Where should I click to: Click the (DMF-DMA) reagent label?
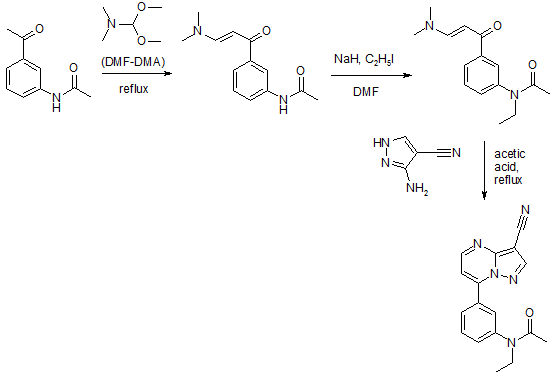coord(133,62)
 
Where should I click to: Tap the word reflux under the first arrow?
coord(133,89)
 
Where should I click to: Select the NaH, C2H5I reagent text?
coord(364,59)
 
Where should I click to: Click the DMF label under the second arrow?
coord(366,92)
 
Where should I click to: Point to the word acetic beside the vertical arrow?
coord(510,154)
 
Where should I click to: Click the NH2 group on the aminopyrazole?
coord(417,188)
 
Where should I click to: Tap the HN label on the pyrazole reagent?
coord(381,143)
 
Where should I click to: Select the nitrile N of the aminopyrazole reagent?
coord(456,153)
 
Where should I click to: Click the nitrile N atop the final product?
coord(525,210)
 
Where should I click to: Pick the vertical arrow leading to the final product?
coord(484,170)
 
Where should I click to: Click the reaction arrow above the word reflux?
coord(137,73)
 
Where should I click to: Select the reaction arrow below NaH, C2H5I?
coord(372,75)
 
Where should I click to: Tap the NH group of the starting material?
coord(56,101)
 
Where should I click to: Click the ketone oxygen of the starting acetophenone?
coord(39,28)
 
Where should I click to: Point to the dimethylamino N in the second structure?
coord(199,31)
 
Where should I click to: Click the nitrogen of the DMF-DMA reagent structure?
coord(112,24)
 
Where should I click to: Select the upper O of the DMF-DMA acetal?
coord(141,7)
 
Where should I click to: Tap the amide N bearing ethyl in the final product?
coord(511,342)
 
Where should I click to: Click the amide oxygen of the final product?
coord(529,312)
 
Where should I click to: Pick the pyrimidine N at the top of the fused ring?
coord(478,244)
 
